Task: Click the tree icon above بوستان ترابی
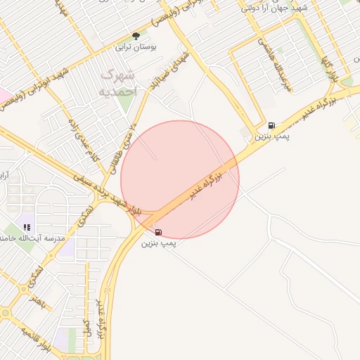point(136,35)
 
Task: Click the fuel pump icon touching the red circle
point(158,232)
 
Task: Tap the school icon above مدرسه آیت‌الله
point(27,227)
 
